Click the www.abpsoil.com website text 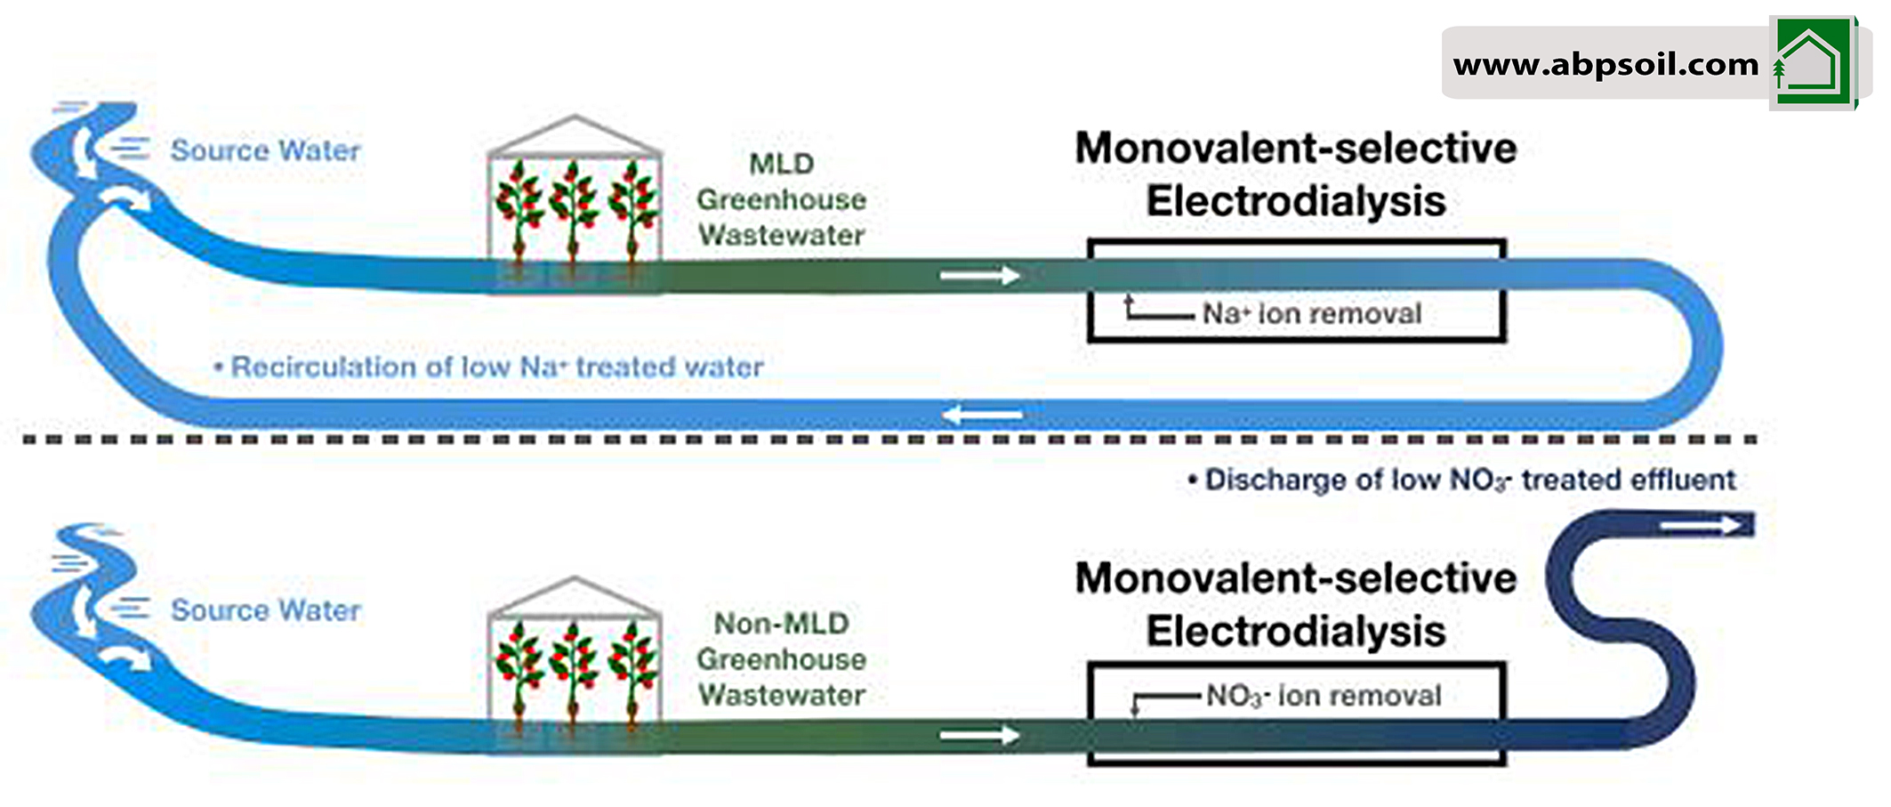point(1605,64)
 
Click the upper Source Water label point(265,150)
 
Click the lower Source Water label point(265,610)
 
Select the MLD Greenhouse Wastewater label point(781,199)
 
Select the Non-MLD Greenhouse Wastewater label point(781,659)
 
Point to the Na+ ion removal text point(1312,313)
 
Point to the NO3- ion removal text point(1324,696)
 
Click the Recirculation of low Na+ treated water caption point(496,367)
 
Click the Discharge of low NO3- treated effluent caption point(1469,480)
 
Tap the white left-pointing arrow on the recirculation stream point(982,415)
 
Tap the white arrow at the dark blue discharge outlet point(1704,525)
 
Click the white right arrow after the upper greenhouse point(979,276)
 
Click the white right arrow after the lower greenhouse point(979,735)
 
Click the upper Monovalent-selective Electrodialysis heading point(1296,174)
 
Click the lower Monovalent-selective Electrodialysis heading point(1296,605)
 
